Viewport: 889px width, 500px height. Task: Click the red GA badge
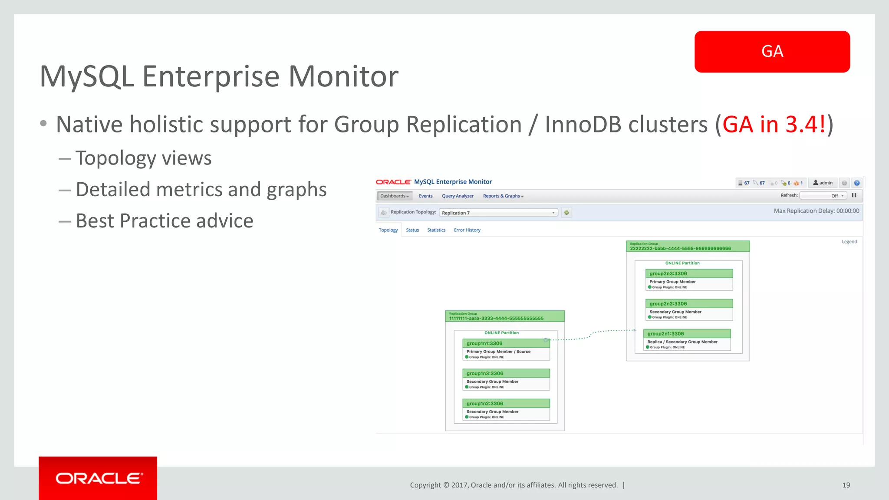pyautogui.click(x=772, y=51)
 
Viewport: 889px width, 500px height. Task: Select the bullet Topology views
pyautogui.click(x=143, y=158)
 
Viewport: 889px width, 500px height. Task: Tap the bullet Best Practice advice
pyautogui.click(x=164, y=221)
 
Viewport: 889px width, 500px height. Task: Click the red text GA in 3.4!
pyautogui.click(x=774, y=125)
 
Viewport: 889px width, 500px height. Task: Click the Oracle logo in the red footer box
pyautogui.click(x=99, y=478)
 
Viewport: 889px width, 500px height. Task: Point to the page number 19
pyautogui.click(x=846, y=485)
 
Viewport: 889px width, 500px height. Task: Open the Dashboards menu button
pyautogui.click(x=394, y=196)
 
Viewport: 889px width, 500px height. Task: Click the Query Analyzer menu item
pyautogui.click(x=458, y=196)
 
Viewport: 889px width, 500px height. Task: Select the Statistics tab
pyautogui.click(x=436, y=230)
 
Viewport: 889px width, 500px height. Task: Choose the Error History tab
pyautogui.click(x=467, y=230)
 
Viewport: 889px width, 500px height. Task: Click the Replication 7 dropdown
pyautogui.click(x=498, y=213)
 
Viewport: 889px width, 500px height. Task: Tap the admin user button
pyautogui.click(x=823, y=183)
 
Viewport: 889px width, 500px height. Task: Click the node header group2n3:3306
pyautogui.click(x=689, y=273)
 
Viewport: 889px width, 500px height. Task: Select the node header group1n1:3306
pyautogui.click(x=506, y=343)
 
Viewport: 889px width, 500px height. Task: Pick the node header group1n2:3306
pyautogui.click(x=506, y=403)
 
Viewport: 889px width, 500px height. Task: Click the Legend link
pyautogui.click(x=849, y=242)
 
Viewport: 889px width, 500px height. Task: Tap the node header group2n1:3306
pyautogui.click(x=687, y=334)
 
